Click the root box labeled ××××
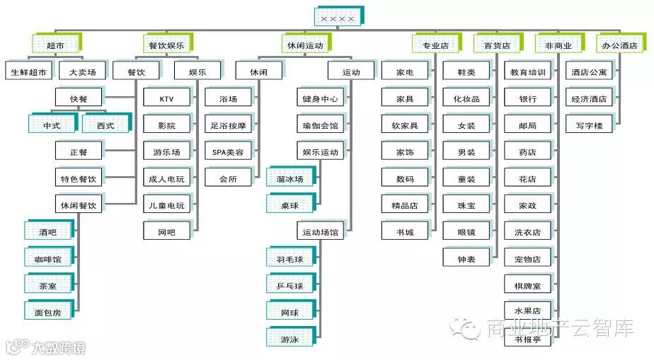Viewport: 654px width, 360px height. [x=339, y=17]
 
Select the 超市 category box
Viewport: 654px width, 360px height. [x=55, y=45]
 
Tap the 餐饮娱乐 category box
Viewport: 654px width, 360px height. [x=166, y=45]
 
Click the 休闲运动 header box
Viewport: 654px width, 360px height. [x=305, y=45]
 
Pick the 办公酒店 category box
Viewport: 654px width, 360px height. [x=619, y=45]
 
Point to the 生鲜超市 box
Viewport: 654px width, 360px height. [x=28, y=72]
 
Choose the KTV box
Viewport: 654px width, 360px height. [x=166, y=99]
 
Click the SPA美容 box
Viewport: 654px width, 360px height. [x=228, y=152]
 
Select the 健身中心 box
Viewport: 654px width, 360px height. [x=320, y=99]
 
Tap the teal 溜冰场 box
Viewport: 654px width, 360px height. [x=289, y=179]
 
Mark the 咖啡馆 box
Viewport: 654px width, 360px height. [x=47, y=259]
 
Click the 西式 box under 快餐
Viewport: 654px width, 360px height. [x=105, y=125]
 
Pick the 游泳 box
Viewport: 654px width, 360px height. [x=289, y=339]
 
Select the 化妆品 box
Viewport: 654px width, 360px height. [x=466, y=99]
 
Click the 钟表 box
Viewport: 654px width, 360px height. [x=466, y=259]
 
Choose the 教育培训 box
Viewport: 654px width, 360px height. [x=528, y=72]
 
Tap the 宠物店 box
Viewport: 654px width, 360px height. [x=528, y=259]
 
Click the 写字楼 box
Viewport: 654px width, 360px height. [x=589, y=125]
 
